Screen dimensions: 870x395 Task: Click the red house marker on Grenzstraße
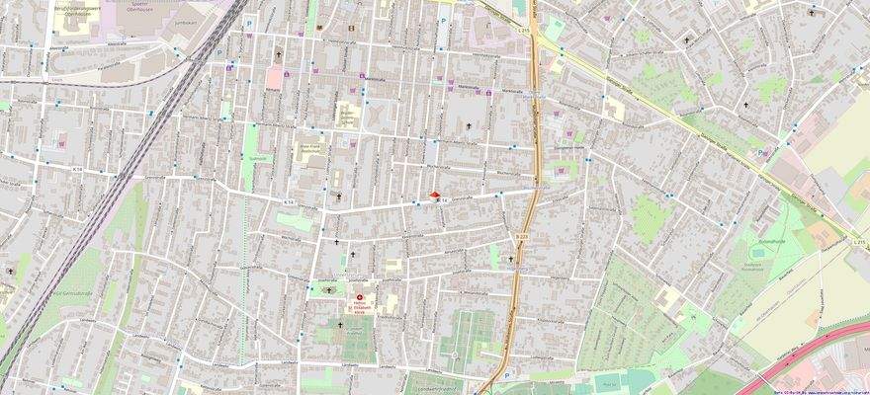click(x=435, y=196)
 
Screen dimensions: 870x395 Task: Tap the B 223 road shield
click(x=520, y=236)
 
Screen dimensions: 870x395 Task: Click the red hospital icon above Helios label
click(x=360, y=296)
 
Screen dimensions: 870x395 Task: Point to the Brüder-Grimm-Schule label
click(x=348, y=117)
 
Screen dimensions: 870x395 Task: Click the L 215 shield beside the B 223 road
click(x=524, y=31)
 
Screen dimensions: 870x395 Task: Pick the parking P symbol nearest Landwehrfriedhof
click(x=506, y=375)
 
